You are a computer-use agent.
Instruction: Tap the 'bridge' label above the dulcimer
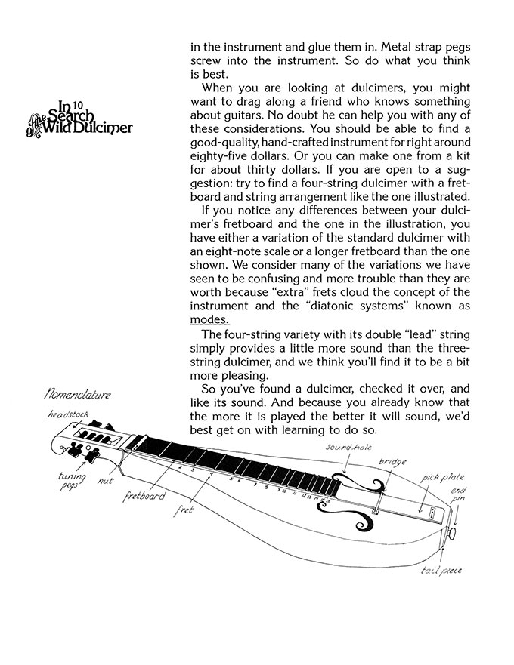click(392, 460)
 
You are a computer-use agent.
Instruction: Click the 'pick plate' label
click(443, 477)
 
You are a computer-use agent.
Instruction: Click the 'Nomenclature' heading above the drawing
click(78, 394)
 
